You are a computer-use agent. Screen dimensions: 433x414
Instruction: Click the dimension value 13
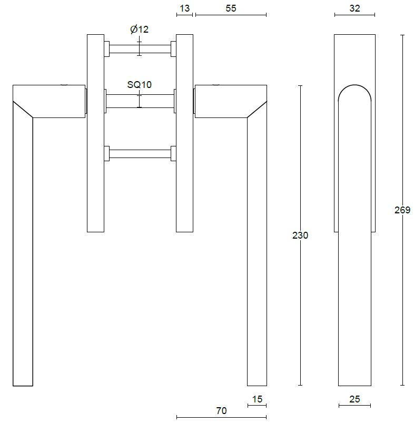(x=184, y=8)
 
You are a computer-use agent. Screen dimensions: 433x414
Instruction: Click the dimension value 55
(x=231, y=8)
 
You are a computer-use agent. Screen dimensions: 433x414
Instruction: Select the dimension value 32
(x=354, y=8)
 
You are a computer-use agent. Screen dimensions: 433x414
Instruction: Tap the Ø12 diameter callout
(x=140, y=29)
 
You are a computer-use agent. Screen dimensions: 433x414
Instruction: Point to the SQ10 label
(x=139, y=84)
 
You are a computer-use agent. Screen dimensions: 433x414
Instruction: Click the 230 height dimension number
(x=300, y=235)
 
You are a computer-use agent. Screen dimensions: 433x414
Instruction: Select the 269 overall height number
(x=402, y=210)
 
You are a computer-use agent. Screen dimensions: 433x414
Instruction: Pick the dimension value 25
(x=354, y=399)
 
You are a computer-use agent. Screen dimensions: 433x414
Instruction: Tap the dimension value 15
(x=257, y=399)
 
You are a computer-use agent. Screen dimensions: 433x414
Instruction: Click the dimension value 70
(x=221, y=411)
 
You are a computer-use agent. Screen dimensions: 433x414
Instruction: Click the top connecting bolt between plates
(x=140, y=49)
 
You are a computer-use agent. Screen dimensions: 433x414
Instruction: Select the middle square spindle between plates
(x=140, y=101)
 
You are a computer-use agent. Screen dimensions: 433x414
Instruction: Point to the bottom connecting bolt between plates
(x=140, y=154)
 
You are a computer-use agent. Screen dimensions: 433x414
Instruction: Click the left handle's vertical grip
(x=23, y=253)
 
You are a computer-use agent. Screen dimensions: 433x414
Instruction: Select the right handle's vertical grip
(x=257, y=253)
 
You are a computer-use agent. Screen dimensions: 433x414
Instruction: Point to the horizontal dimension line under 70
(x=221, y=417)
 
